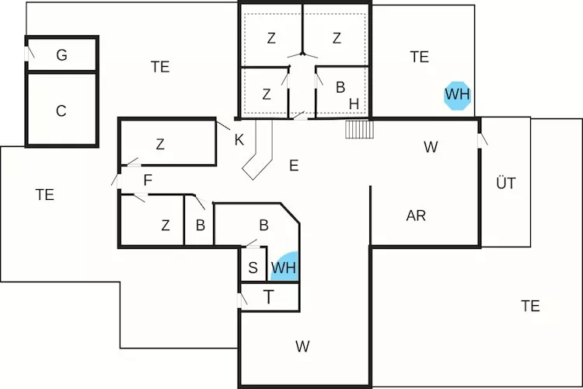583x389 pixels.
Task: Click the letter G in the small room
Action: click(x=61, y=55)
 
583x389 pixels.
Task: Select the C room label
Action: click(x=61, y=111)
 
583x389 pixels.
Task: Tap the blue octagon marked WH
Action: click(x=457, y=96)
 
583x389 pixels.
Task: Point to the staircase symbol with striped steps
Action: click(x=360, y=129)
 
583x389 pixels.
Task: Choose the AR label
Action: click(x=416, y=216)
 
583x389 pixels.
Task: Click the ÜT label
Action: click(x=505, y=184)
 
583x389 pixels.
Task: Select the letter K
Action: click(x=239, y=140)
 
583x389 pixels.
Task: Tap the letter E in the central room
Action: click(x=293, y=165)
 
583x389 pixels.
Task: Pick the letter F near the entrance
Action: click(x=147, y=181)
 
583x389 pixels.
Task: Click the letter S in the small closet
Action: click(x=253, y=268)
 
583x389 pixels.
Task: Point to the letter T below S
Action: click(x=268, y=296)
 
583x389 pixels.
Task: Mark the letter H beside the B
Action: click(x=354, y=103)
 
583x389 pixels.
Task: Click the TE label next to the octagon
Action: click(x=419, y=56)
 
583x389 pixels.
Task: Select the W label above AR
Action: click(x=431, y=146)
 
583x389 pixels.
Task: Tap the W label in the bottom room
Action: click(x=302, y=347)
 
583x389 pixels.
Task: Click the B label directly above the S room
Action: click(x=264, y=226)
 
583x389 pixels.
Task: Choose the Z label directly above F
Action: click(x=160, y=144)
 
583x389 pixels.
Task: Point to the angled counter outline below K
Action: click(x=260, y=152)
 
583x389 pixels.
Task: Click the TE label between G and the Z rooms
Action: click(x=160, y=67)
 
